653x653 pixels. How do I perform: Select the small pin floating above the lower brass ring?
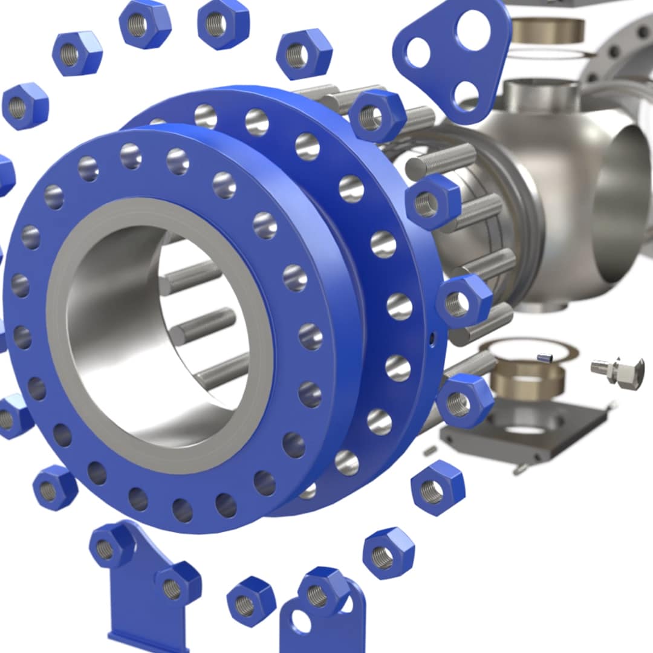pyautogui.click(x=545, y=358)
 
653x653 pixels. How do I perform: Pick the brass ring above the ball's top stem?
pyautogui.click(x=548, y=30)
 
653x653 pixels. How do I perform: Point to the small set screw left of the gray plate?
pyautogui.click(x=430, y=451)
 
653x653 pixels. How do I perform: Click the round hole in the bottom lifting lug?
pyautogui.click(x=301, y=622)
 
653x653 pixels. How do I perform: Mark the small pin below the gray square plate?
pyautogui.click(x=518, y=469)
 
